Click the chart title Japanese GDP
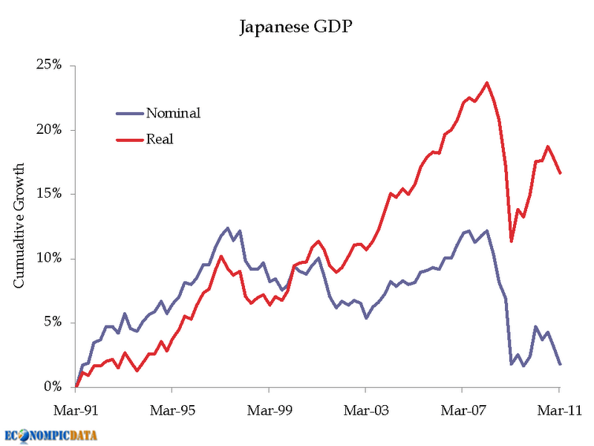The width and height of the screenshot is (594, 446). point(296,28)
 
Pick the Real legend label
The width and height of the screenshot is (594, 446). point(160,139)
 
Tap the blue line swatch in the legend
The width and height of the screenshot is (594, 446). point(130,113)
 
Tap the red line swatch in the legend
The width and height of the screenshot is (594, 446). point(130,139)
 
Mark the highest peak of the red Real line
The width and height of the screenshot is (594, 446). point(487,83)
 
